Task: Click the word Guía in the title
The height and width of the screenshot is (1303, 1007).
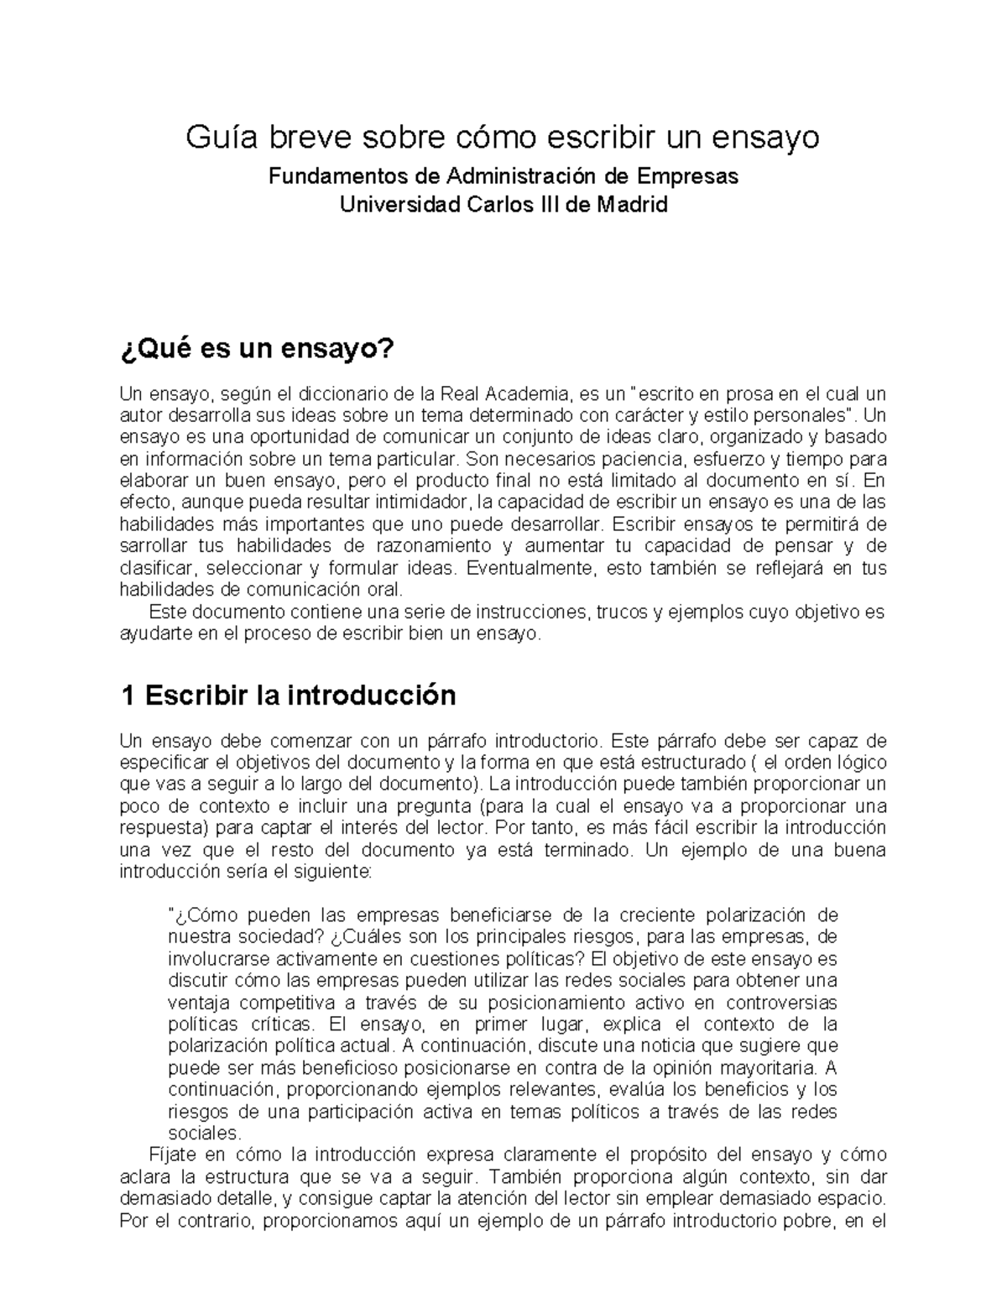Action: point(216,136)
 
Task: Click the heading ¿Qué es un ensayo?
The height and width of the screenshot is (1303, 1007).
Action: point(257,348)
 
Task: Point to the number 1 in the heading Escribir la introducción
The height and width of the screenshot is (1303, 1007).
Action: point(128,696)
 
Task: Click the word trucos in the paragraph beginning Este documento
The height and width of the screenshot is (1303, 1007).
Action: point(619,612)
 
